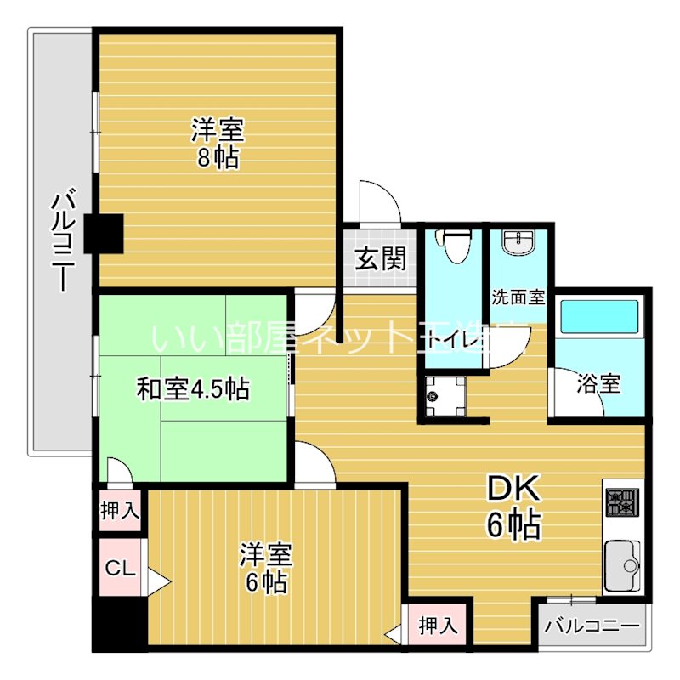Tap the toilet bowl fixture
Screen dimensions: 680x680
456,246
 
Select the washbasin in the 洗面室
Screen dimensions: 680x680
518,244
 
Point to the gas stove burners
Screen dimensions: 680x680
621,503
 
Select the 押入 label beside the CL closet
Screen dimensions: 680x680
119,511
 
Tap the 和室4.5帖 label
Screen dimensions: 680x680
193,389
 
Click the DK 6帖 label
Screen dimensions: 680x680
513,507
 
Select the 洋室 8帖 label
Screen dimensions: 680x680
218,144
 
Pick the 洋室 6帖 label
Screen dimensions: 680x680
264,569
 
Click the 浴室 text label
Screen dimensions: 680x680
598,383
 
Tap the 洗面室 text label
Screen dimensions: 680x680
518,298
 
